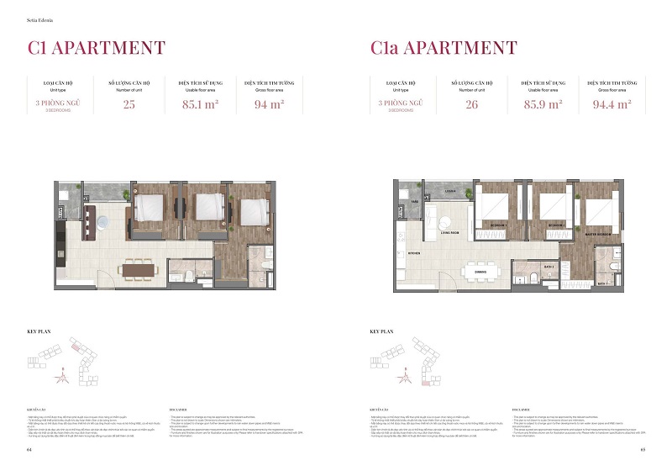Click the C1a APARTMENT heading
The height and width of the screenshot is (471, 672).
click(x=444, y=48)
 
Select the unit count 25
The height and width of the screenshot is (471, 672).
click(x=129, y=105)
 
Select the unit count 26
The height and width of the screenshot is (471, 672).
click(x=470, y=105)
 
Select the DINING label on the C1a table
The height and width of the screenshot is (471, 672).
click(x=480, y=271)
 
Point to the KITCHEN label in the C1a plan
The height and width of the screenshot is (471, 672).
click(x=413, y=251)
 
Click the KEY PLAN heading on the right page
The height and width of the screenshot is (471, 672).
click(x=383, y=332)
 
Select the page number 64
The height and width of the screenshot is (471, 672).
click(x=29, y=450)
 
